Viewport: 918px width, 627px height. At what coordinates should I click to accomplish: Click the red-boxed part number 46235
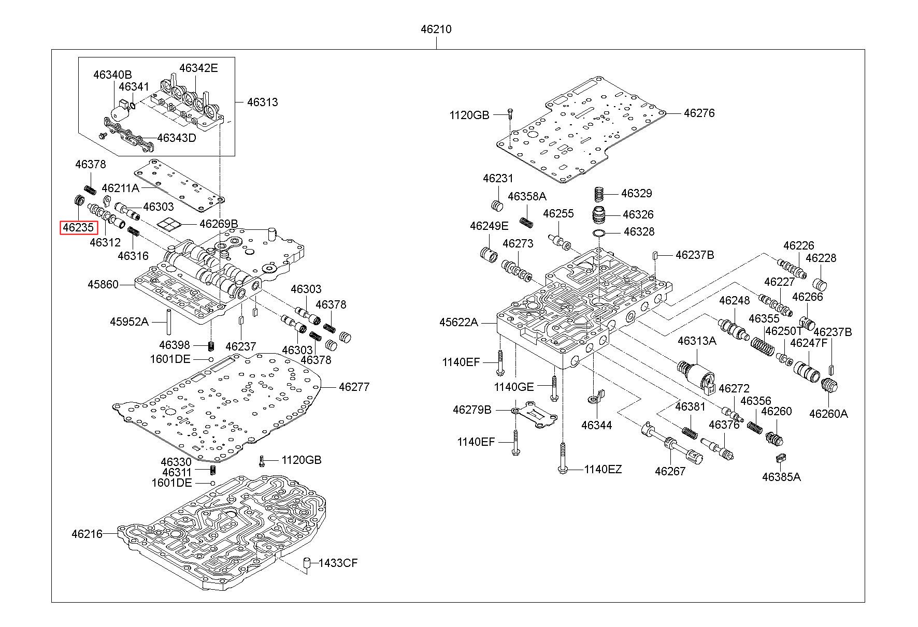pos(78,227)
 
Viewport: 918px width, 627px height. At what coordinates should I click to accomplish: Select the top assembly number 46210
pos(436,30)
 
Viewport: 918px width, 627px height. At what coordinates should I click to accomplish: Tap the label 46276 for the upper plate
pos(699,113)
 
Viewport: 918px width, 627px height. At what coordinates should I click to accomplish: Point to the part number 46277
pos(354,387)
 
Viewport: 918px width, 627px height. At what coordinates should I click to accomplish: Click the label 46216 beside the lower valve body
pos(87,534)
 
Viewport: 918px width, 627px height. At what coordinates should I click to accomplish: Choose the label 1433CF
pos(338,563)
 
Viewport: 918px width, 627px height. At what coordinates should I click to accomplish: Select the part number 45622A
pos(458,323)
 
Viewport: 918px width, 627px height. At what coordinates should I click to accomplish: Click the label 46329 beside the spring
pos(636,194)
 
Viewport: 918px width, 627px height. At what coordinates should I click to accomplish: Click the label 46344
pos(596,426)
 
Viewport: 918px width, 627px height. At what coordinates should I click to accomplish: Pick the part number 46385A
pos(781,477)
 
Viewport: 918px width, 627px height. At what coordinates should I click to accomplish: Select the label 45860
pos(103,284)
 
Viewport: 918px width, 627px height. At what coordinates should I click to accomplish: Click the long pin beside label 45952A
pos(169,322)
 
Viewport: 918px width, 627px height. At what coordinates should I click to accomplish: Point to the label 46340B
pos(112,75)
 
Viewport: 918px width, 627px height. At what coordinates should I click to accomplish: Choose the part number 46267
pos(670,471)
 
